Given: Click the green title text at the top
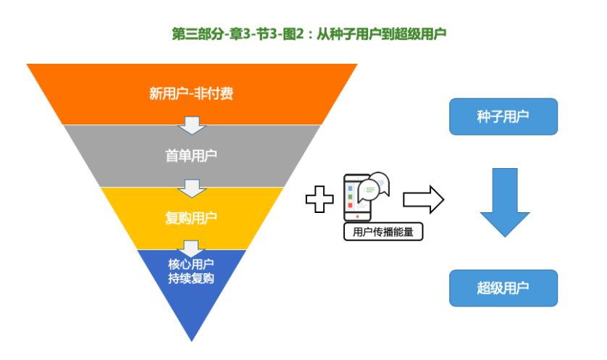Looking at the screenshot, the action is pos(309,34).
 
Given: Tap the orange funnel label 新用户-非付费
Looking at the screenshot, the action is pos(191,93).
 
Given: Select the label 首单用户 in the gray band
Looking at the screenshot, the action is pos(191,156).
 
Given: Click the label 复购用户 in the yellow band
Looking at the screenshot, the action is pos(191,218).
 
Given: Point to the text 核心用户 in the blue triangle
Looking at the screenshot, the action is pos(191,264).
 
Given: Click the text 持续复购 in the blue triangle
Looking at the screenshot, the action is pos(191,278).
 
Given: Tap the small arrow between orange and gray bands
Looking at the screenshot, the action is pos(192,125).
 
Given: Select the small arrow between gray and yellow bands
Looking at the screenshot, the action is pos(192,188).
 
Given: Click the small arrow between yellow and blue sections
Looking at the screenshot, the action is pos(192,249).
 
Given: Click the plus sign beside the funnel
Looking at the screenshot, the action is pos(319,199).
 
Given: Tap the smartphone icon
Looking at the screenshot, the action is pos(357,198).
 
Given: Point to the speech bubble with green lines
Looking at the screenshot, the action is pos(369,191).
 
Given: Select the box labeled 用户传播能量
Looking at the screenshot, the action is pos(383,232).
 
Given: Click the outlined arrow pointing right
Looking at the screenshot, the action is pos(424,199).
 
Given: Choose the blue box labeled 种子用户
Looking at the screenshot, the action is pos(503,117).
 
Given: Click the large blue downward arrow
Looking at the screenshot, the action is pos(505,202).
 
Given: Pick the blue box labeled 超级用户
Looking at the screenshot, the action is pos(503,288).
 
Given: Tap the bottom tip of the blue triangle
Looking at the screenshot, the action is pos(192,341).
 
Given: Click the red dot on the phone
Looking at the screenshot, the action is pos(357,217).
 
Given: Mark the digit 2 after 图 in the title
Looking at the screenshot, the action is pos(300,34).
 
